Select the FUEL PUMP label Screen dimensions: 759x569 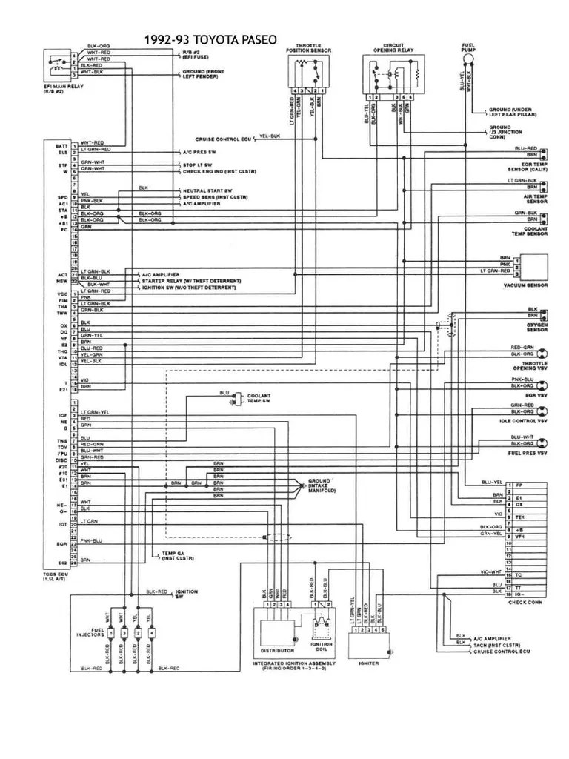[468, 49]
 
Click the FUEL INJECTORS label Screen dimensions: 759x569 [90, 634]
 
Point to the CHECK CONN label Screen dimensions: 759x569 [528, 602]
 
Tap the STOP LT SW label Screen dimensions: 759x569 [197, 163]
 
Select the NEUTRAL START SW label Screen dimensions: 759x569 [204, 190]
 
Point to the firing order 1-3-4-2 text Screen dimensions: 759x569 [294, 668]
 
